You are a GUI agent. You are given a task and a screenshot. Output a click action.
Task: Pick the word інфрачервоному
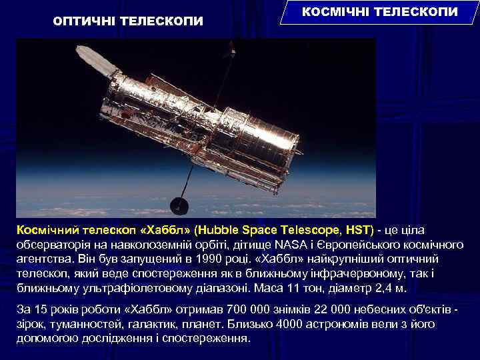[367, 273]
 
